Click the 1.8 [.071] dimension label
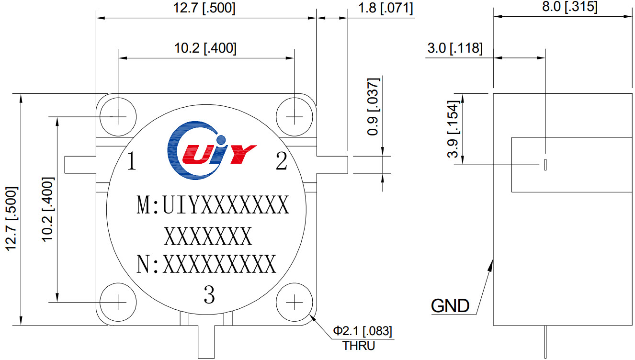click(385, 8)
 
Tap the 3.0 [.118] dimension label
click(454, 48)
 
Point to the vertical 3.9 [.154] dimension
click(453, 129)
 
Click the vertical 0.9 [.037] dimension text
click(374, 106)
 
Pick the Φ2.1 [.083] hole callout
click(363, 331)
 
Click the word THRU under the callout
click(359, 346)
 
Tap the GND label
click(450, 305)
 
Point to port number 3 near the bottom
click(209, 295)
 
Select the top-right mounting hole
click(294, 116)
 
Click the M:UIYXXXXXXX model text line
click(213, 206)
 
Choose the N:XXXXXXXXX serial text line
click(206, 264)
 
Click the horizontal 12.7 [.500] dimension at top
click(205, 8)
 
